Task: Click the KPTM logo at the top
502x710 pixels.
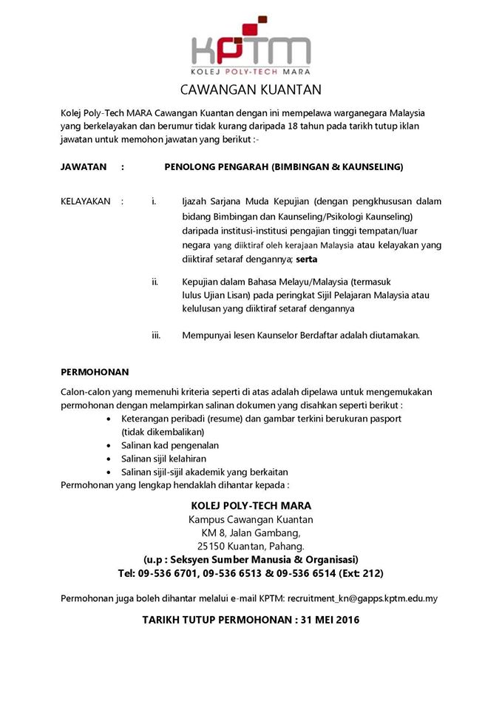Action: pos(251,46)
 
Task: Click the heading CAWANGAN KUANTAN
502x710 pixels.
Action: pos(251,90)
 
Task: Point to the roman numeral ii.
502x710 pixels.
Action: pos(155,281)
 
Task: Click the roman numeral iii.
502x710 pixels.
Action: pos(156,335)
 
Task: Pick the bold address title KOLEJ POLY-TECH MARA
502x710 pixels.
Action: pos(251,505)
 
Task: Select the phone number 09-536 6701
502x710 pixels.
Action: pos(171,573)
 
